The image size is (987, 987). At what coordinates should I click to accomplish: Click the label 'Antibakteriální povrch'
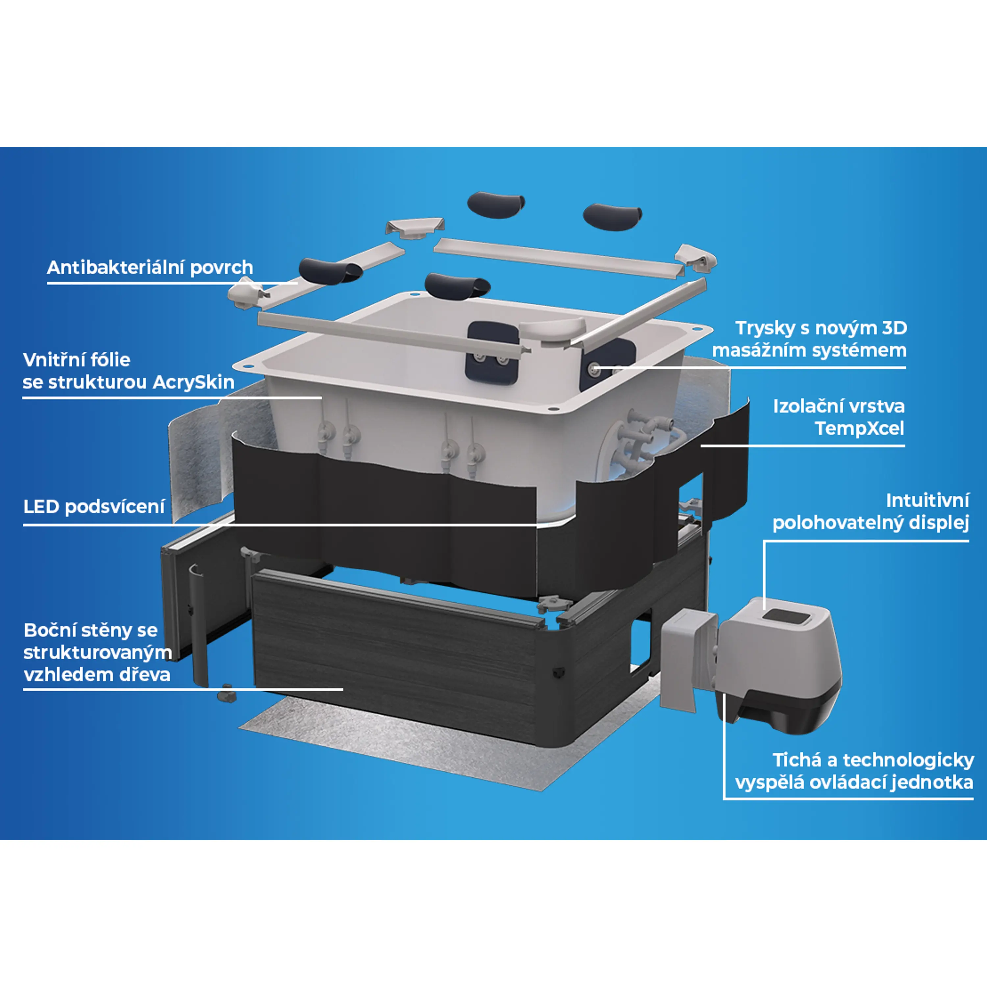pos(150,267)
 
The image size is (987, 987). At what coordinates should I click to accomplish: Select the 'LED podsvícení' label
pos(94,507)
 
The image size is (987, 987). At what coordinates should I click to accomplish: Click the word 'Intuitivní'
pos(927,501)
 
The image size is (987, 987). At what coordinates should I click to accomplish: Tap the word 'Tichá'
pos(797,760)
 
